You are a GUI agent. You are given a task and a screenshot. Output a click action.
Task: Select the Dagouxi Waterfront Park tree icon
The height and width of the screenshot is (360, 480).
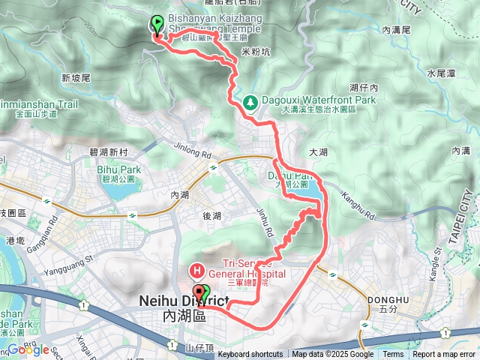coord(249,100)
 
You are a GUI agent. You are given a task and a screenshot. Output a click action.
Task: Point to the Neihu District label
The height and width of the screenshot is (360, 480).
coord(183,301)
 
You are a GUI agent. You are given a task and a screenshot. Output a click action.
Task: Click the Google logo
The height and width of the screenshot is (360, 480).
coord(28,350)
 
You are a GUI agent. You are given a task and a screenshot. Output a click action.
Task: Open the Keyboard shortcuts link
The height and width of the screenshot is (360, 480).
coord(250,355)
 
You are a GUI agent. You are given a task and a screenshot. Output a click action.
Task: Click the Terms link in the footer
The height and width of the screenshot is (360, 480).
coord(393,355)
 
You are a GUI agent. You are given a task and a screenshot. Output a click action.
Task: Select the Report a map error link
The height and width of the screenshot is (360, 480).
coord(443,355)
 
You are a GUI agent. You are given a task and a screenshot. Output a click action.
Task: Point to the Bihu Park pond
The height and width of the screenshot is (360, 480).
coord(115,190)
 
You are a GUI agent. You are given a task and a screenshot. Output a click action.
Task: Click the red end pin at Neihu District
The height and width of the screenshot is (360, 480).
coord(198,293)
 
